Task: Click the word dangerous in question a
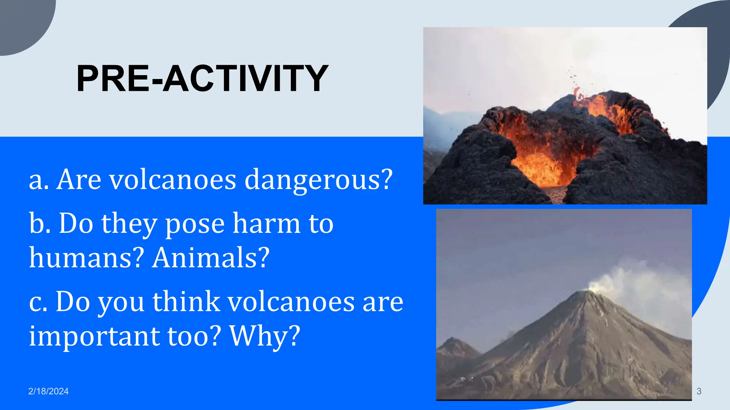pos(318,180)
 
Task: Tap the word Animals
pos(211,258)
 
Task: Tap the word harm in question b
pos(267,224)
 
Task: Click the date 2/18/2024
pos(48,391)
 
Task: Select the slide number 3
pos(699,391)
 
